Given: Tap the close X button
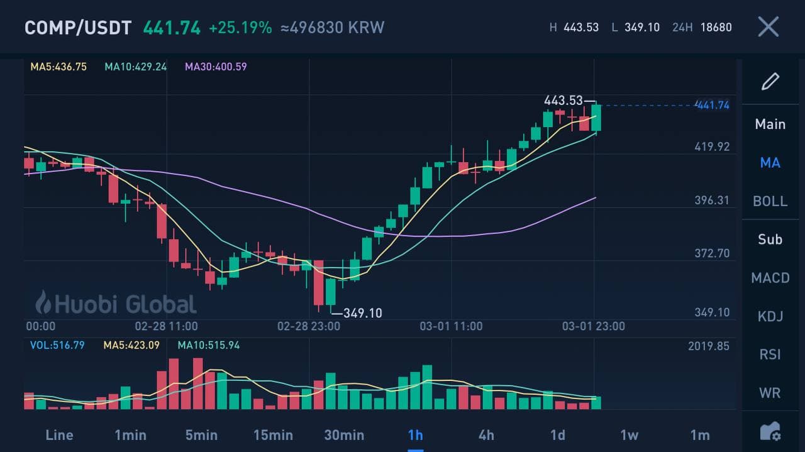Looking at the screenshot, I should [768, 27].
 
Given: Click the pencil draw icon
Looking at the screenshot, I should [770, 82].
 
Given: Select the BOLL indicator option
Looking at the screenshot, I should [770, 201].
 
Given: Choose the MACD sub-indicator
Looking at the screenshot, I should [770, 278].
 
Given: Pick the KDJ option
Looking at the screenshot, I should [770, 316].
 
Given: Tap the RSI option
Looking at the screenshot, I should [770, 355].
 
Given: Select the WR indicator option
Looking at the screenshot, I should [770, 393].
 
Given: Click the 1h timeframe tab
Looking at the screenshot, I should [415, 435].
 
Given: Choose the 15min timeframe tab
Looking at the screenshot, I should [273, 435].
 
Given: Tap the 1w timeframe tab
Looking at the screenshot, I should [629, 435].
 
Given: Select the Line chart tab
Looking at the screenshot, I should [59, 435].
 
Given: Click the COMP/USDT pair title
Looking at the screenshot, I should [78, 28].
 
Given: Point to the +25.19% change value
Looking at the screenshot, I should [240, 28].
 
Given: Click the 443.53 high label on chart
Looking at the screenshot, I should [563, 101].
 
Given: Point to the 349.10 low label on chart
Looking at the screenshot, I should [362, 312].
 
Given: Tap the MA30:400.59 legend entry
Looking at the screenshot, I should [216, 66].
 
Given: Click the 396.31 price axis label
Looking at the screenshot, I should [712, 201].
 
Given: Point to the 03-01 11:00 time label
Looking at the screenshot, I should [451, 326].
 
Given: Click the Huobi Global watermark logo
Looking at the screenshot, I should [116, 304].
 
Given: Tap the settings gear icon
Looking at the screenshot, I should [770, 431].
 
